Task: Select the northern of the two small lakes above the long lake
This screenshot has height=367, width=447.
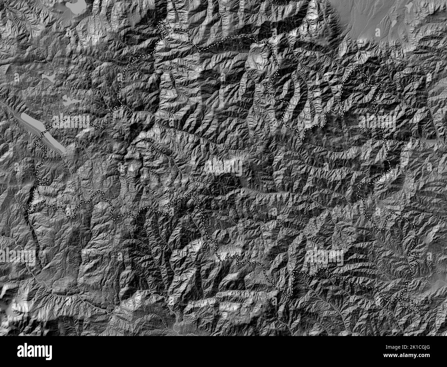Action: [48, 77]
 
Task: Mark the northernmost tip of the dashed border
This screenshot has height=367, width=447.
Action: [160, 23]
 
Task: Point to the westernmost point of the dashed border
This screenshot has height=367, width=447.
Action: [28, 210]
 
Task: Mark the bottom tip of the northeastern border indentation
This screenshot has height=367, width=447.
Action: [301, 138]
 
